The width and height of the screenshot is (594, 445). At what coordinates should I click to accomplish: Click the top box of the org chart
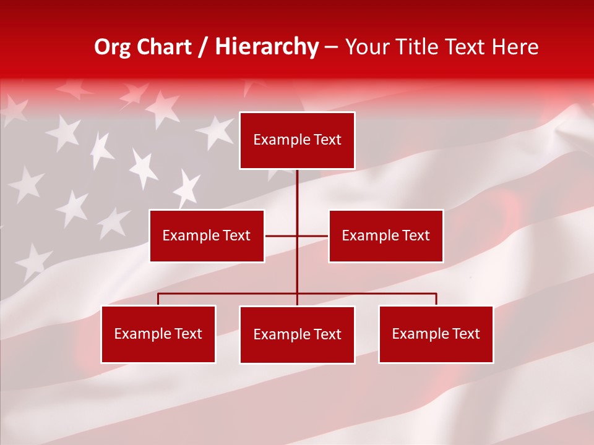click(x=297, y=140)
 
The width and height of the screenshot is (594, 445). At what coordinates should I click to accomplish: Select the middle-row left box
click(x=207, y=235)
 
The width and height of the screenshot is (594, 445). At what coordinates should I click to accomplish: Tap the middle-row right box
click(x=385, y=235)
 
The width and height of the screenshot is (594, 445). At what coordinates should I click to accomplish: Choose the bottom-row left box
click(x=158, y=334)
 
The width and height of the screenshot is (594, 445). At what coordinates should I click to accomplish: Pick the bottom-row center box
click(x=297, y=334)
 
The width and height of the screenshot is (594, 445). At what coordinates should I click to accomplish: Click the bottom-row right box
click(x=436, y=334)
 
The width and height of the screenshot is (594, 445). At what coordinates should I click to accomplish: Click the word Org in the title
click(x=112, y=47)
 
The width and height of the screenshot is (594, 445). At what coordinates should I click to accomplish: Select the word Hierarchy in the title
click(x=267, y=47)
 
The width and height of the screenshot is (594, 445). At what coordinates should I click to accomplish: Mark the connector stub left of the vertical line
click(x=280, y=235)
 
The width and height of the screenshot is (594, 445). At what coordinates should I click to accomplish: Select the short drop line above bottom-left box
click(x=158, y=299)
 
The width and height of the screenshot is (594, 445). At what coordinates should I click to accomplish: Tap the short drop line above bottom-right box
click(x=436, y=299)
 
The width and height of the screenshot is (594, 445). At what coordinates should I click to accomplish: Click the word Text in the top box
click(x=327, y=140)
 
